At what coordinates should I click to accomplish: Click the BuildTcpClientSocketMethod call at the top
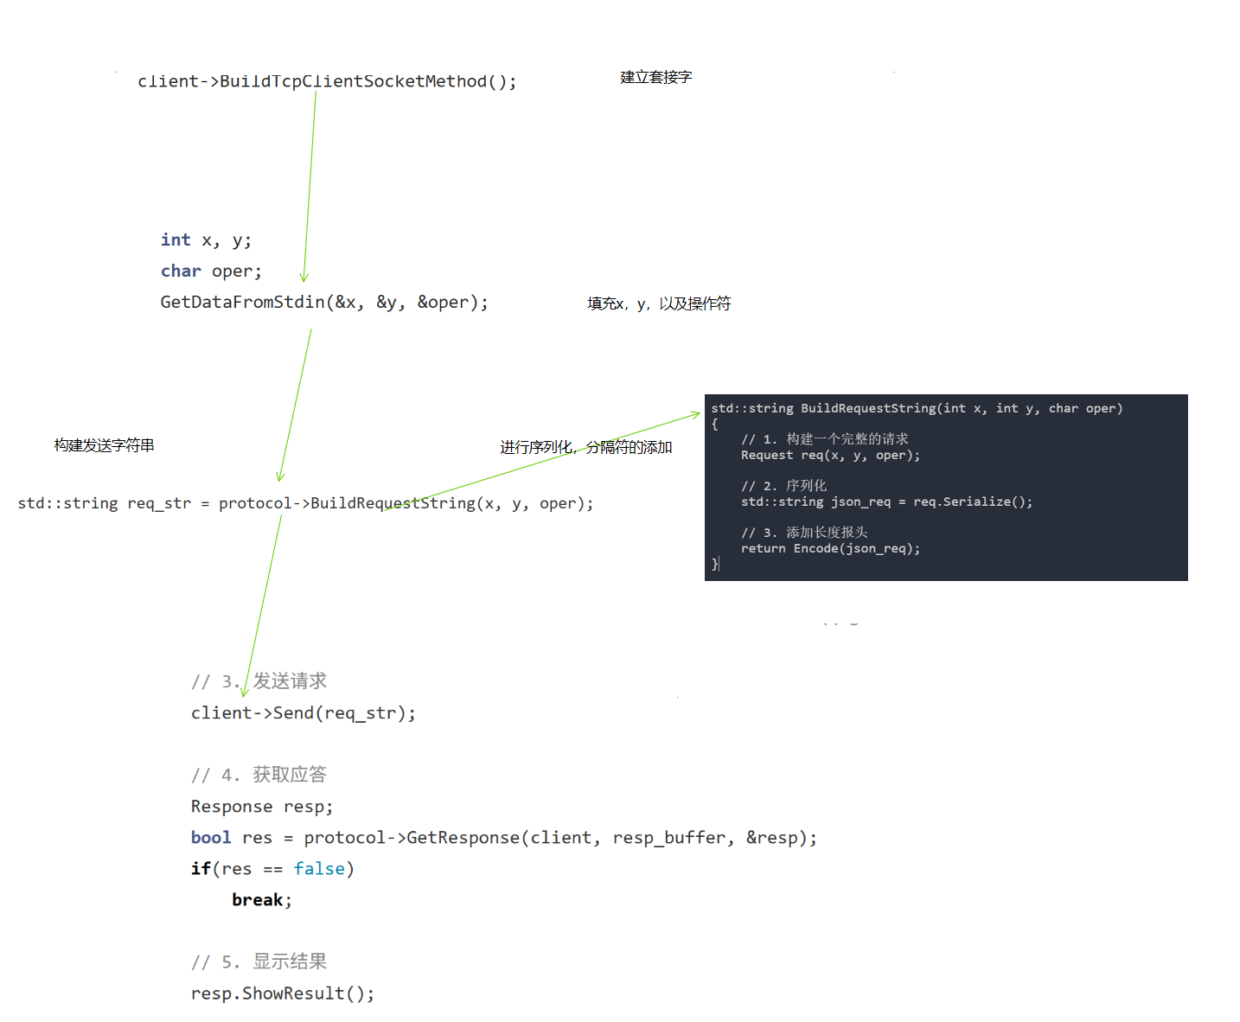point(327,81)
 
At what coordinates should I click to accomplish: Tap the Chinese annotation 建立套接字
point(655,77)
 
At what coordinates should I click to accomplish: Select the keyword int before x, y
point(176,240)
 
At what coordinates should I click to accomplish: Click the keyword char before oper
point(181,271)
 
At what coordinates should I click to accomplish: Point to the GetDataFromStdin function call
point(242,302)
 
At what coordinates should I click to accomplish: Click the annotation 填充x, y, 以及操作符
point(659,303)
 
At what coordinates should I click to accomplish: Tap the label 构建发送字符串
point(104,445)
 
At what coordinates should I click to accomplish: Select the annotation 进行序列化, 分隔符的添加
point(585,447)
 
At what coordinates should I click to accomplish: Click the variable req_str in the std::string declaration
point(159,503)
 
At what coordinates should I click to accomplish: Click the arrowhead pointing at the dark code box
point(697,415)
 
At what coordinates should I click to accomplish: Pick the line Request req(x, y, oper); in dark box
point(830,456)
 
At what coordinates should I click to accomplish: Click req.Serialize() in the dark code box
point(973,502)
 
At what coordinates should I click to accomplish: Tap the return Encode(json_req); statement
point(830,549)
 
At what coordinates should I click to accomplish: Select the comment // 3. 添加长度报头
point(804,533)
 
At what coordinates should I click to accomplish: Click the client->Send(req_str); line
point(303,713)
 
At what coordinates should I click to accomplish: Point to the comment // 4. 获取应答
point(259,775)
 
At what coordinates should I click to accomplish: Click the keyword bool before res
point(210,837)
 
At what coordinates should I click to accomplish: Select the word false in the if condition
point(319,868)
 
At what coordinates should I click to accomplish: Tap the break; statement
point(261,900)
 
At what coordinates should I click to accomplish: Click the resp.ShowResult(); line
point(282,993)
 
